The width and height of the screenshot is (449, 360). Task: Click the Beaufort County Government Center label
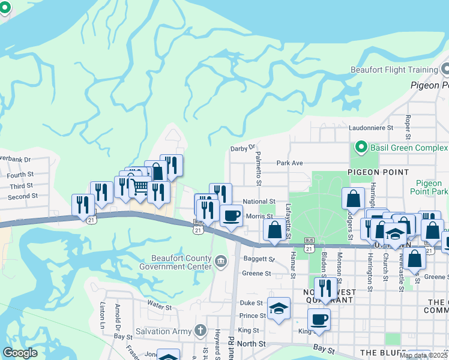pos(176,262)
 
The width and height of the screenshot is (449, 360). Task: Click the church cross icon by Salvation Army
pos(201,331)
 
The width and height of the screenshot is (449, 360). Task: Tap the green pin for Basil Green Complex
pos(361,146)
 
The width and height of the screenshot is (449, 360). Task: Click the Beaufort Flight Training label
pos(394,70)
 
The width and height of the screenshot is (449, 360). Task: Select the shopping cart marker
pos(140,188)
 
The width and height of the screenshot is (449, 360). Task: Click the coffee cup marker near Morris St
pos(231,216)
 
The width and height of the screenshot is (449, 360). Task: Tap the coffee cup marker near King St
pos(319,319)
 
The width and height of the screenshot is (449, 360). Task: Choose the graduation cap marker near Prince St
pos(279,308)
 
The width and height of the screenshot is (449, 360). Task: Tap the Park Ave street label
pos(289,163)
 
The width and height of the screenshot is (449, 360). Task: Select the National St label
pos(259,202)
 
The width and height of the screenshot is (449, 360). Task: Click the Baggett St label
pos(258,260)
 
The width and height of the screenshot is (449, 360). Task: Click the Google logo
pos(20,353)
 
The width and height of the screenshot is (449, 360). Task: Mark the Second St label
pos(23,196)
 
